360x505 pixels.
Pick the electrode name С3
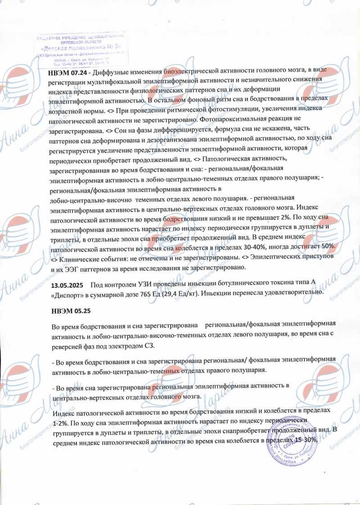pos(149,345)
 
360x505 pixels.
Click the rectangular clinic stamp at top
pos(81,50)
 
